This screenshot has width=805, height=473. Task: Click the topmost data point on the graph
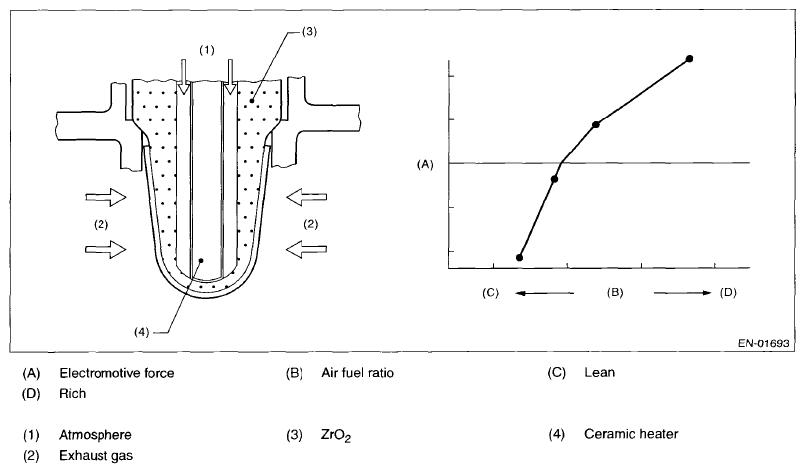(x=689, y=59)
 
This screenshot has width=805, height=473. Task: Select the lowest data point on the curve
(x=519, y=258)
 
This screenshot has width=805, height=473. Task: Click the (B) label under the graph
(x=615, y=293)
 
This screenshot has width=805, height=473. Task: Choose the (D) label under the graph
(x=729, y=293)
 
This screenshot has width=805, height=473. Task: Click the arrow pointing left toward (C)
(x=546, y=293)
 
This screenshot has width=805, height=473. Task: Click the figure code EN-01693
(x=763, y=343)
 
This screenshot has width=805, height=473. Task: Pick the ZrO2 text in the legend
(x=335, y=435)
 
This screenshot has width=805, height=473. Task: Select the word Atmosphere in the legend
(x=96, y=435)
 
